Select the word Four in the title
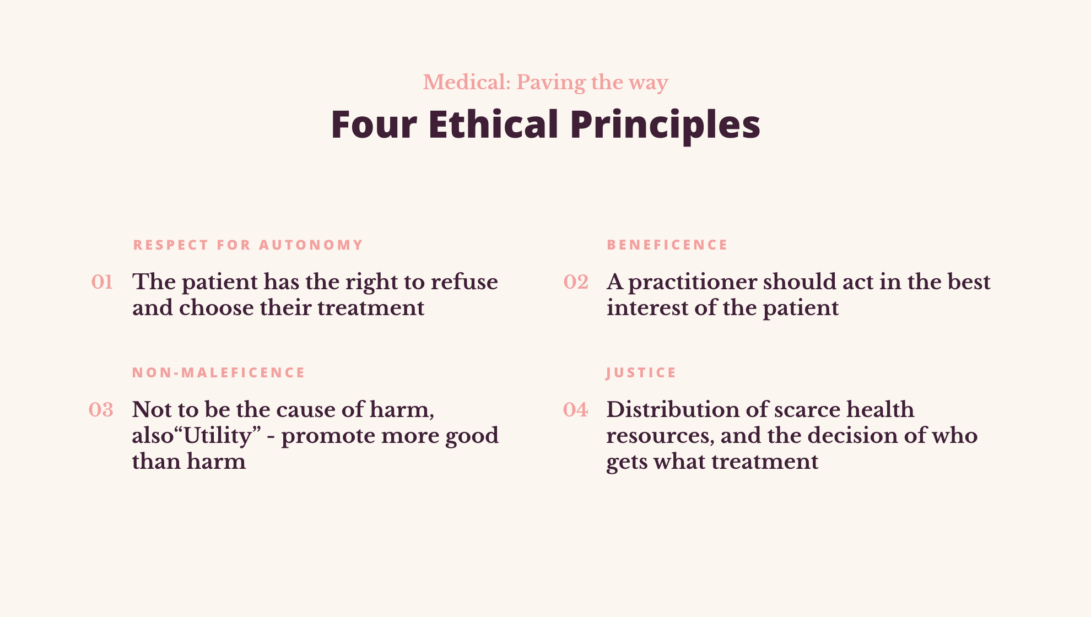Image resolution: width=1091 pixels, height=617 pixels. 374,124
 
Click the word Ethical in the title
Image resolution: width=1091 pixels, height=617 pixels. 493,124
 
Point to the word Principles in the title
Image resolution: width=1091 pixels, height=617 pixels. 665,125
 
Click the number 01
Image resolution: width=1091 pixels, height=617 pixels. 102,282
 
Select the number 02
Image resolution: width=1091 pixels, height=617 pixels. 576,282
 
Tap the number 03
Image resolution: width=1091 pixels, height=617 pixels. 101,410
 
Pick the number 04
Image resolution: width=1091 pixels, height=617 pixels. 575,410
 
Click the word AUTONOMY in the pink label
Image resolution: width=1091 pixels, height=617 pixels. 311,245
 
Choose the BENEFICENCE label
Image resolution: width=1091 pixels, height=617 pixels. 667,245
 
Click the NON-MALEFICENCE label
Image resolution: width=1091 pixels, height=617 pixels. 218,373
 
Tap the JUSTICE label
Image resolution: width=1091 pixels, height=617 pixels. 641,373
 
